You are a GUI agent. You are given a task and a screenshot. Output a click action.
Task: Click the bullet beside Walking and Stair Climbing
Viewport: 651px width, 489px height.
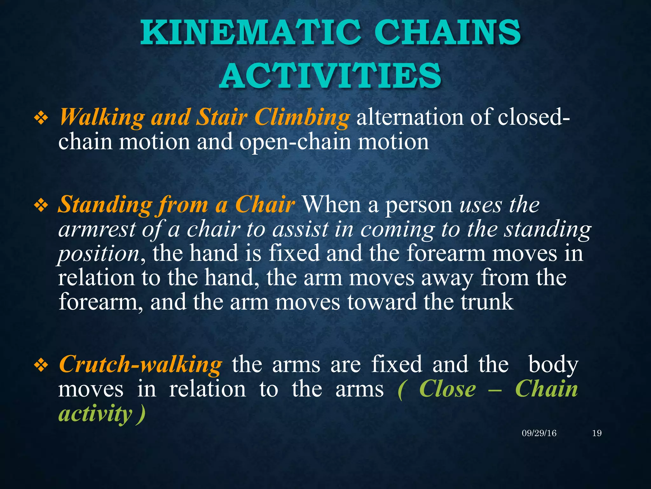coord(41,119)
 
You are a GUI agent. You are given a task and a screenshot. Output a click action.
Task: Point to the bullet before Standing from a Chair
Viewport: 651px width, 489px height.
coord(41,206)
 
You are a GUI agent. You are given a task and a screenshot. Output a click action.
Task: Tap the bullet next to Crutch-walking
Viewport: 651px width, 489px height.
coord(41,366)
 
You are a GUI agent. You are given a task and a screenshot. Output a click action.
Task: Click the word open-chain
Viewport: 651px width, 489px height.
coord(295,142)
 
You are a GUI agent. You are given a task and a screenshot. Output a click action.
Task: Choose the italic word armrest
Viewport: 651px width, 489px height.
coord(97,229)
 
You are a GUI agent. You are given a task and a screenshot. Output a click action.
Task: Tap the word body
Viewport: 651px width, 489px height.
coord(553,365)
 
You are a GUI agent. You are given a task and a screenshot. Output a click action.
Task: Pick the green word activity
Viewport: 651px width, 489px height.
coord(95,414)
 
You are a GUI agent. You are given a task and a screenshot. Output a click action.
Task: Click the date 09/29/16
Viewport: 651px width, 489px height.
coord(539,433)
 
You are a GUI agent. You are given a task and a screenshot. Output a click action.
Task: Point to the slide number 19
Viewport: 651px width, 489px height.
coord(597,433)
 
